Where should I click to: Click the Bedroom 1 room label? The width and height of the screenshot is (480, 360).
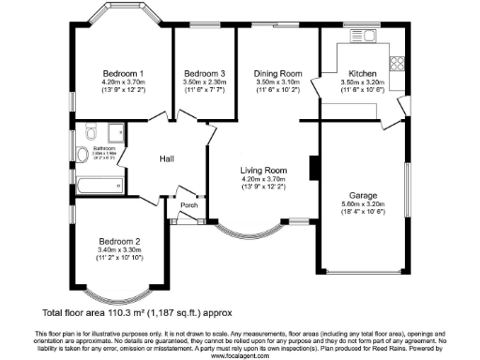pos(123,73)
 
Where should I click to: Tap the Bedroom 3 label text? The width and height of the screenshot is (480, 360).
pos(204,73)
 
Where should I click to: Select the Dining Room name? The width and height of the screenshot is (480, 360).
pos(278,73)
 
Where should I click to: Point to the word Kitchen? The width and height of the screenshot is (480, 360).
pos(363,73)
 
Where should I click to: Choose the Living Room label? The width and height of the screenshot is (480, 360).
pos(263,170)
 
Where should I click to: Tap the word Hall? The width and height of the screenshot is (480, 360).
pos(167,158)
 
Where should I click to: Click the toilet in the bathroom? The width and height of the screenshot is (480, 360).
pos(82,155)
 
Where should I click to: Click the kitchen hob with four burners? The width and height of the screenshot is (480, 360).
pos(397,65)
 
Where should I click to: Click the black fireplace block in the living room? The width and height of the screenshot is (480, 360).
pos(314,167)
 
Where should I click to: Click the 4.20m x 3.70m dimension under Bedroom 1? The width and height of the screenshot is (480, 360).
pos(123,82)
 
